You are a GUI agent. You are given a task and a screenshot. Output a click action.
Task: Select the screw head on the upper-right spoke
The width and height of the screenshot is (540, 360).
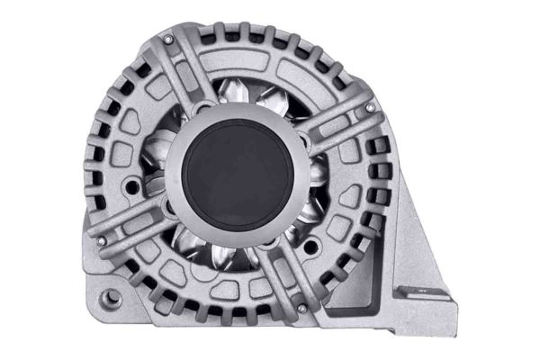point(370,108)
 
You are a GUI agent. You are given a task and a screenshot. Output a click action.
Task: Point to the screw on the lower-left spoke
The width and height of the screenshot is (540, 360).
point(101,241)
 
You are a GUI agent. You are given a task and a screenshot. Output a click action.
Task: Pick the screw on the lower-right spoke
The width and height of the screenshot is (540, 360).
point(301,308)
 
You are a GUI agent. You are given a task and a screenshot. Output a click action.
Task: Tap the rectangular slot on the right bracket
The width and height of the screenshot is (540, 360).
point(418,291)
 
